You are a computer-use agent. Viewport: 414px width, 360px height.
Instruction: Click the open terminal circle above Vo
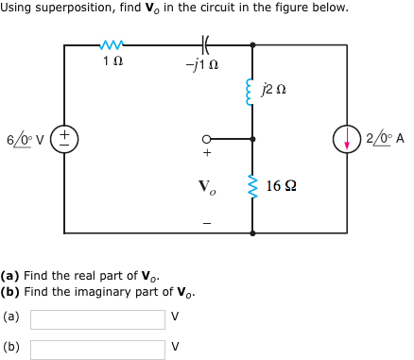coord(205,138)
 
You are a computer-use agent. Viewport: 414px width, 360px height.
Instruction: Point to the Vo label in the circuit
coord(206,186)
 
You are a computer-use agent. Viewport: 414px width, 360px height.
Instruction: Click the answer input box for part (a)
coord(97,319)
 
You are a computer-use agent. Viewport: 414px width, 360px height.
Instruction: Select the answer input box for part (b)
coord(97,349)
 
